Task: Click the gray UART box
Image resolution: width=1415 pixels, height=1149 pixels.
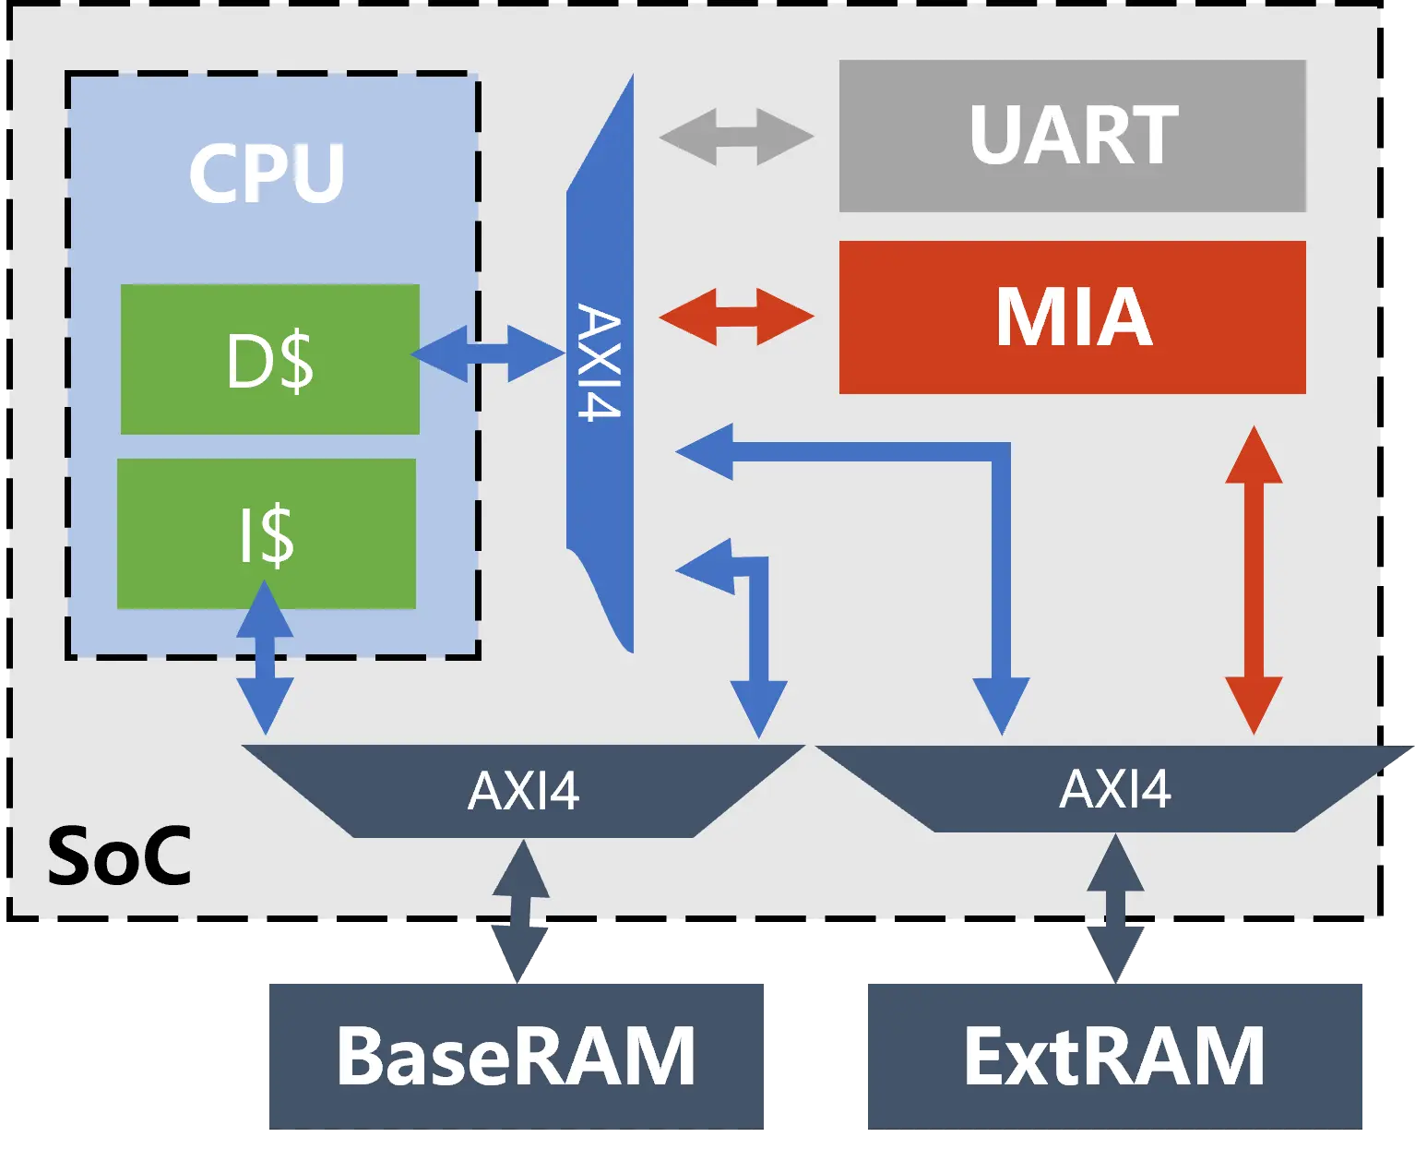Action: point(1072,137)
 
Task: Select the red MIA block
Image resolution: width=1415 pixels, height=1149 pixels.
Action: point(1072,317)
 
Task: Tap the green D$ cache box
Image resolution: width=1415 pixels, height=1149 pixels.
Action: point(269,359)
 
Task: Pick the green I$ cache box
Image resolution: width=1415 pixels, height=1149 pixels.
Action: point(266,533)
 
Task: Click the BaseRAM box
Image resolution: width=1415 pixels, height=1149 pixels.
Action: point(516,1055)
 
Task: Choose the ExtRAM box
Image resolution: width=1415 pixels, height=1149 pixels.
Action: point(1113,1055)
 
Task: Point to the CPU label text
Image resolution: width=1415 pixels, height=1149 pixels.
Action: point(267,173)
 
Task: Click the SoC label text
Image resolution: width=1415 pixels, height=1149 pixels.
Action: point(119,856)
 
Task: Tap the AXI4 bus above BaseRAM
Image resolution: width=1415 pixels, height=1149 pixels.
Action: point(523,790)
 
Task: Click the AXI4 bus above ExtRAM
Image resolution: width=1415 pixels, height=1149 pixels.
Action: point(1114,789)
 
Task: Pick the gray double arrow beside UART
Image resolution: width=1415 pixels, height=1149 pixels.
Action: point(736,137)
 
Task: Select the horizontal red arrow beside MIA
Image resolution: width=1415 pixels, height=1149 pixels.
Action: point(736,317)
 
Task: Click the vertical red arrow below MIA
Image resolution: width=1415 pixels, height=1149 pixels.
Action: point(1254,580)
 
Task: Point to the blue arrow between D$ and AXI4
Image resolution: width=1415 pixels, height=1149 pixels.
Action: point(488,353)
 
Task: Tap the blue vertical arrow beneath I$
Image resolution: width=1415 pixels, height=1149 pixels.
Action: point(266,657)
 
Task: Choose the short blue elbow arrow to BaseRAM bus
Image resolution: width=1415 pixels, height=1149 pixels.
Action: point(758,637)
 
